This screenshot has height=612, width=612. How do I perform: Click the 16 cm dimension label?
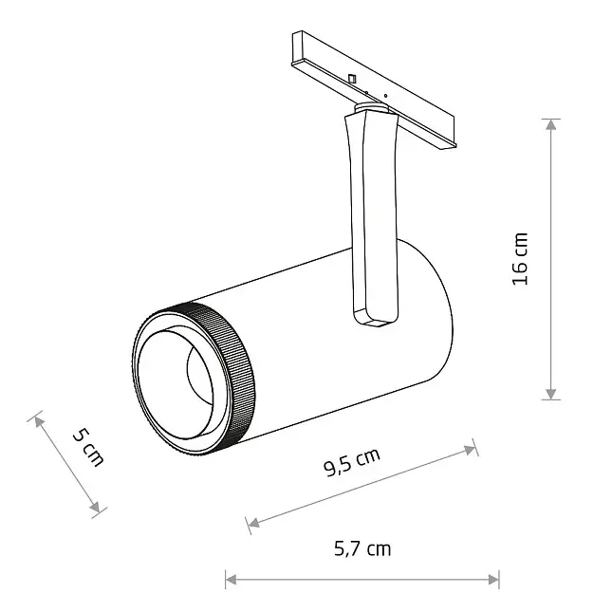[520, 259]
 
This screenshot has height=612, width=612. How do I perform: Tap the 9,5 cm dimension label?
[352, 462]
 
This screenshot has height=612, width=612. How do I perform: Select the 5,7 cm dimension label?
[362, 548]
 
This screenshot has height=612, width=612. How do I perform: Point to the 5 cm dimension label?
[88, 447]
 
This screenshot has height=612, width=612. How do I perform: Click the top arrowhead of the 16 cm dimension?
[550, 124]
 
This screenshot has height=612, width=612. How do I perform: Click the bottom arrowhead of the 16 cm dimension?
[550, 394]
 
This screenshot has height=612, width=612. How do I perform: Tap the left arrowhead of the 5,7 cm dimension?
[232, 579]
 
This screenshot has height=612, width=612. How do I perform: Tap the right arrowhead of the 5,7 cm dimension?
[493, 579]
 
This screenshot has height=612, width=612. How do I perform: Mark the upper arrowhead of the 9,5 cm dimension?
[470, 451]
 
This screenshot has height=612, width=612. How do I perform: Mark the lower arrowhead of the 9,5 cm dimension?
[254, 522]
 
